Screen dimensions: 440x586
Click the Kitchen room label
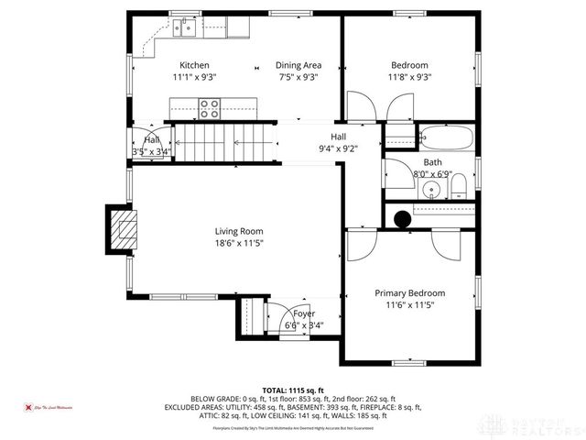tap(194, 65)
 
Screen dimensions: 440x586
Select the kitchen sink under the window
tap(186, 28)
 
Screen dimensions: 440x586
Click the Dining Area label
tap(298, 65)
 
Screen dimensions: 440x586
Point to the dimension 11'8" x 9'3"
tap(410, 78)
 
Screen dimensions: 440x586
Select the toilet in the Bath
tap(460, 190)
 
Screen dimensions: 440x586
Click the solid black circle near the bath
tap(401, 218)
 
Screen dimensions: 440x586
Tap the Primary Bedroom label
tap(409, 293)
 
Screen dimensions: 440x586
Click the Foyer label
tap(304, 313)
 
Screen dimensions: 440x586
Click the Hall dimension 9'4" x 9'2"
tap(338, 148)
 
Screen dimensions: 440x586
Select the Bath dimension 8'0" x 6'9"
tap(432, 172)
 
